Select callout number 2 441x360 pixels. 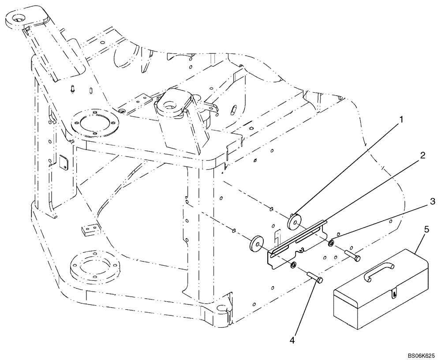tap(422, 155)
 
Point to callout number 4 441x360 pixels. tap(292, 340)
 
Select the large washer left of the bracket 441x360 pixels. tap(256, 243)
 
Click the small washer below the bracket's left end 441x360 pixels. tap(293, 265)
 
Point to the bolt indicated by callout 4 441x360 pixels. tap(314, 278)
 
